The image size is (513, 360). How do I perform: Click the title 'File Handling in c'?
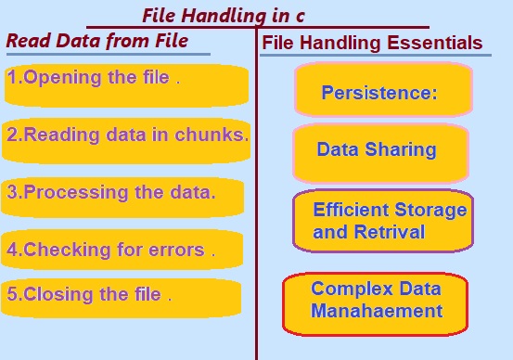click(224, 16)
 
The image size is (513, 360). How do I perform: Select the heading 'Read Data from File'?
click(97, 41)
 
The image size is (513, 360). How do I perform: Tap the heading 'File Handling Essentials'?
click(372, 43)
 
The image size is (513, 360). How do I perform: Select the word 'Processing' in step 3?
click(75, 192)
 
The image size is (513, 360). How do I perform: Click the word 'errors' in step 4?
click(176, 251)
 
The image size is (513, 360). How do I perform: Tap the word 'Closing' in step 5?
click(58, 294)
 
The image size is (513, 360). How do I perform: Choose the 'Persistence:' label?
click(379, 93)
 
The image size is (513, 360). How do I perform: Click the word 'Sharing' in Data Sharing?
click(401, 149)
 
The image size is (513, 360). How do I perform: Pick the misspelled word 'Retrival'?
click(390, 232)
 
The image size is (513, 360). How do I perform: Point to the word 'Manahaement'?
click(377, 311)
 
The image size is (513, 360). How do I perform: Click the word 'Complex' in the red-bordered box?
click(352, 289)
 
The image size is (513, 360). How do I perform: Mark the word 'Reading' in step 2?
click(61, 135)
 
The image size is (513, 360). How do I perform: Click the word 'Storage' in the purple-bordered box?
click(430, 211)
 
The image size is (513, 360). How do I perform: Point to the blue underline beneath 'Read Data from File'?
click(109, 55)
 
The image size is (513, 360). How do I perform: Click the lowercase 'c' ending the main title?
click(300, 17)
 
